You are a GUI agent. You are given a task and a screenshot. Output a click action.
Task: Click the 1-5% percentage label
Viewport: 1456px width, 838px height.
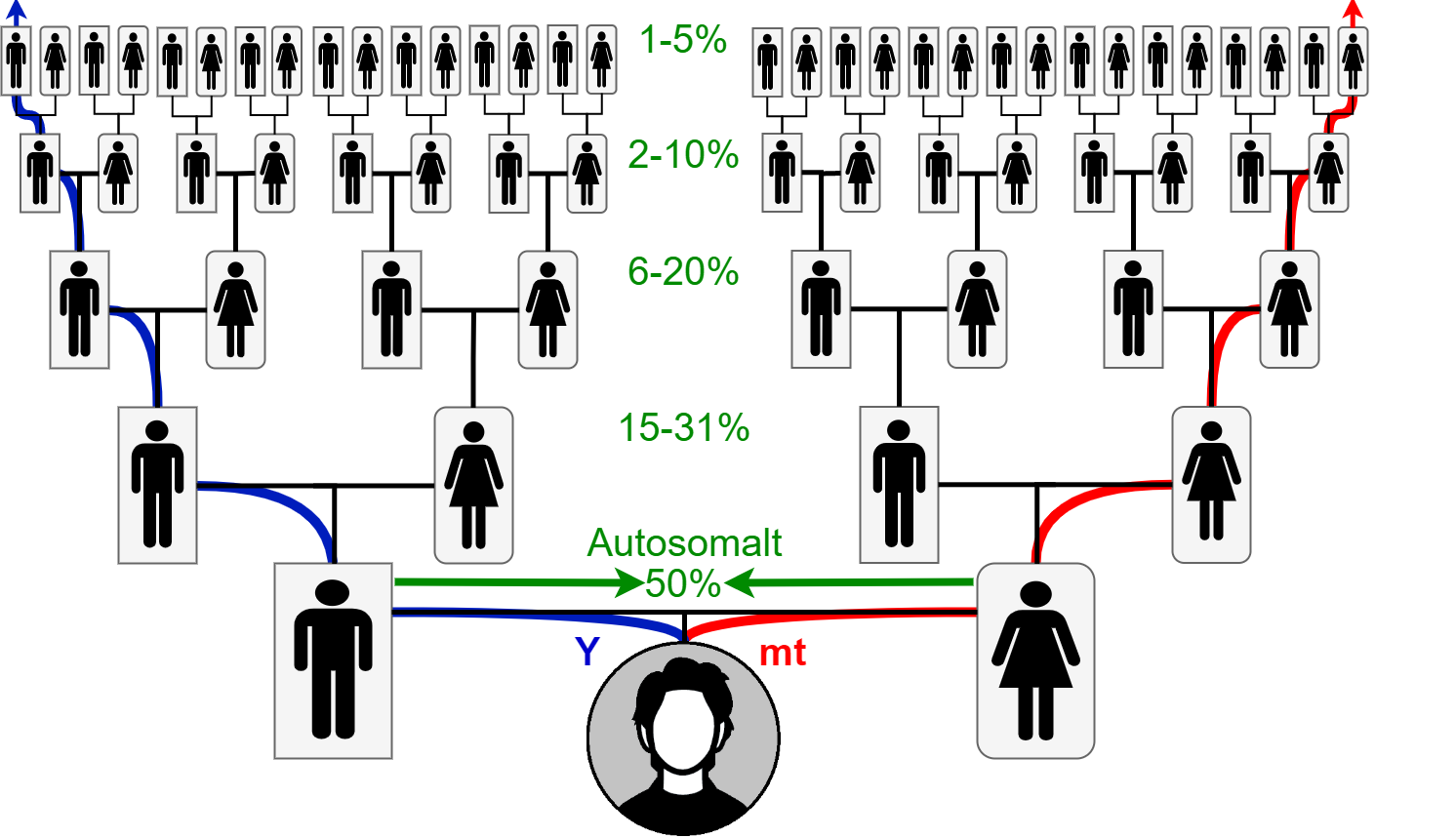click(683, 40)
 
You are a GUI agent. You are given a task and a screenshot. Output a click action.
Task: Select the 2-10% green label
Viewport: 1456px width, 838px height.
click(683, 155)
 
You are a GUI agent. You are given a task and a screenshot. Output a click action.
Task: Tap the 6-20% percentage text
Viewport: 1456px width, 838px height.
click(683, 271)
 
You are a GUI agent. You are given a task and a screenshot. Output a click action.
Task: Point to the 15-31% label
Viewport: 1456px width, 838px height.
click(683, 427)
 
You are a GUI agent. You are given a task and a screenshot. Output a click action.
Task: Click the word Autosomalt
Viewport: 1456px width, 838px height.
click(684, 542)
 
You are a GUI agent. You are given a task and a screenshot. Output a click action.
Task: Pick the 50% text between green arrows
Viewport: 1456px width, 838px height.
click(682, 583)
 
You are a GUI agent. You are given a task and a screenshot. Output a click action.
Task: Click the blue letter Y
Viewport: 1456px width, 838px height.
click(587, 652)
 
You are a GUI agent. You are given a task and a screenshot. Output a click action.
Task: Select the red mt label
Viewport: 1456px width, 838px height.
click(783, 653)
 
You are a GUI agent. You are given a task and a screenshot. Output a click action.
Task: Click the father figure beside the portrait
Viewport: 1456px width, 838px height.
click(333, 660)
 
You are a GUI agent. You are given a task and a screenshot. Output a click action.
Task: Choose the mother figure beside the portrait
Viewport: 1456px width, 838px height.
click(1035, 660)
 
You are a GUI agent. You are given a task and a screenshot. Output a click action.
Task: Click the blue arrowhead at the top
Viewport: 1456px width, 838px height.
click(16, 11)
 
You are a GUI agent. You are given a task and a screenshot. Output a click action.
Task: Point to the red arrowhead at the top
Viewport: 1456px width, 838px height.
click(1353, 11)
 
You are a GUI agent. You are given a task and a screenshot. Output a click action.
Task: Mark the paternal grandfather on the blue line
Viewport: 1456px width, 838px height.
click(157, 485)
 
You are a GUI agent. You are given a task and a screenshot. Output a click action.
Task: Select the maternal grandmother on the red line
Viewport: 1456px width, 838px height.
click(1211, 485)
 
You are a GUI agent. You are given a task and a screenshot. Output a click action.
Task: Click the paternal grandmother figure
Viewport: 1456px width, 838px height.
click(473, 485)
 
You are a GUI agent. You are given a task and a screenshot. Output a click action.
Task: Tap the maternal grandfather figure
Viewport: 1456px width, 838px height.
click(899, 485)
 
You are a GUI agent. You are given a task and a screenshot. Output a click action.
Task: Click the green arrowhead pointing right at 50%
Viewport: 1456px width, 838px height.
click(627, 583)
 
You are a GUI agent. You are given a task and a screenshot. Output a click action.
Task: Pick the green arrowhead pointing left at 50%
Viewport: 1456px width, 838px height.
click(739, 583)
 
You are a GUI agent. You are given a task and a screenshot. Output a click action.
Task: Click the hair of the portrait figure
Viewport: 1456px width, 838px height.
click(683, 678)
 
